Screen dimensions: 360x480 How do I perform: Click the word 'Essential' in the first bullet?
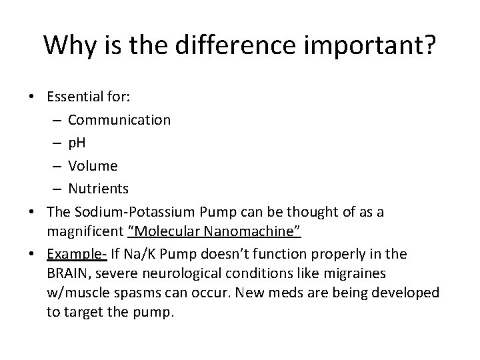click(73, 97)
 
